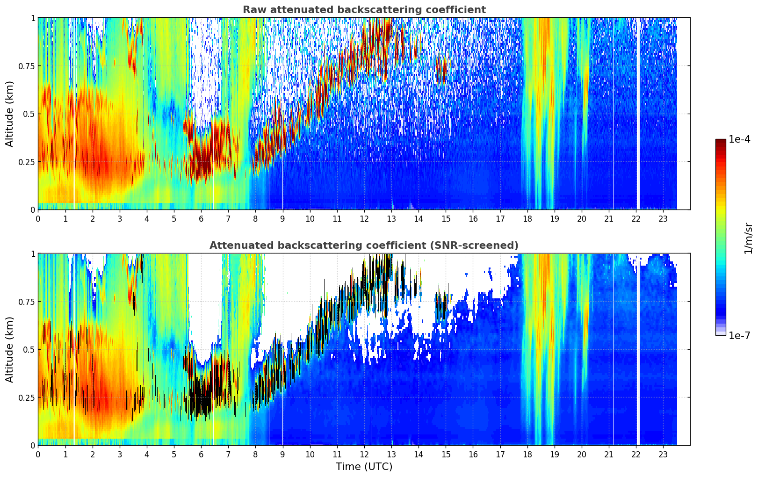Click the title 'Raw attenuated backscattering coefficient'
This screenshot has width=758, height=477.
364,10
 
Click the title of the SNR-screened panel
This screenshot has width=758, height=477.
364,246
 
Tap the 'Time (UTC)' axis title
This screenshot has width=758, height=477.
364,467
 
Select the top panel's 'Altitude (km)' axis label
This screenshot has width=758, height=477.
10,114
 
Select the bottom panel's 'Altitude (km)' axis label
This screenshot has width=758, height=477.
10,349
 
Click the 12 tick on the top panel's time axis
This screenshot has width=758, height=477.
364,218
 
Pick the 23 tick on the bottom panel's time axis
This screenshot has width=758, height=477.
663,454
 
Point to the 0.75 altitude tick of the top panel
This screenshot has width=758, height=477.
26,66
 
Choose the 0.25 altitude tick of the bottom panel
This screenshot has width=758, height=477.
26,397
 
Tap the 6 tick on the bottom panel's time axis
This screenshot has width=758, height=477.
201,454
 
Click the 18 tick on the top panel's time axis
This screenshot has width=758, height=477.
527,218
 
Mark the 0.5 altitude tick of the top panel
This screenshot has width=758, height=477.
29,114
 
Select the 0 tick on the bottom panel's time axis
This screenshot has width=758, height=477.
38,454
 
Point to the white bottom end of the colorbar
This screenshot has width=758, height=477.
721,333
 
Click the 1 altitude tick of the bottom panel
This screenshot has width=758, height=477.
33,253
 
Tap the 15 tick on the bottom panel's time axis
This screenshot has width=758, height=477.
446,454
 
